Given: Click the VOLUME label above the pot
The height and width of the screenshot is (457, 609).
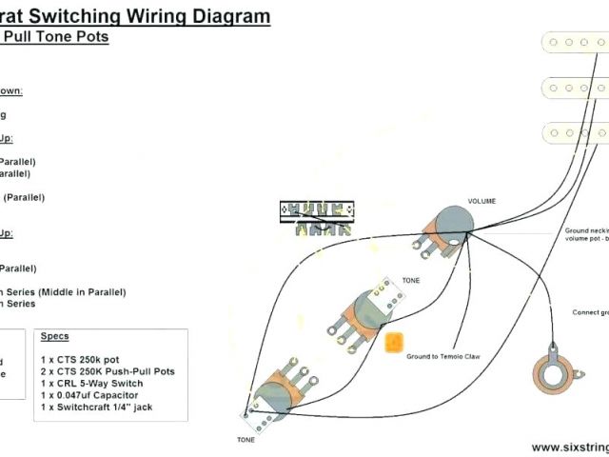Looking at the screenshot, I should click(x=481, y=202).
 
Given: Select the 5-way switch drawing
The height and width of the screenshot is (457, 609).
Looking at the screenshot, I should click(x=317, y=218).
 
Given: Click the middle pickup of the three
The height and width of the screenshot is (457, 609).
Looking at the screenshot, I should click(x=575, y=89).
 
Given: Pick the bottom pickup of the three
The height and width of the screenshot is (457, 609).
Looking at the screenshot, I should click(x=575, y=135).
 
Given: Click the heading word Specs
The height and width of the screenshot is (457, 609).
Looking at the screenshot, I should click(x=54, y=337).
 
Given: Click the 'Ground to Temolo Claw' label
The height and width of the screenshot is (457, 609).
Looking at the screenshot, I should click(x=442, y=355).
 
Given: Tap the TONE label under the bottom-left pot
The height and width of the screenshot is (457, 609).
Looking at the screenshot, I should click(x=246, y=413).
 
